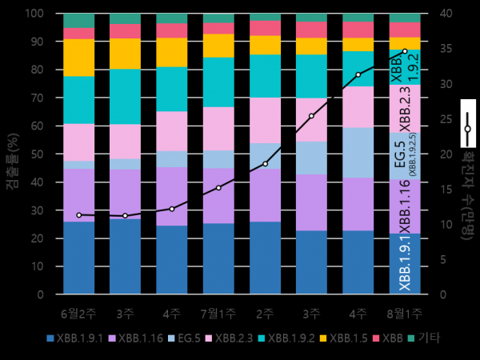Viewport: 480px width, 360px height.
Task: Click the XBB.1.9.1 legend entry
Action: pyautogui.click(x=75, y=338)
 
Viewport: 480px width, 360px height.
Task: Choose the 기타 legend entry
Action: pyautogui.click(x=429, y=338)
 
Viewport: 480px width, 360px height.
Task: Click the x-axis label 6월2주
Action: pyautogui.click(x=78, y=312)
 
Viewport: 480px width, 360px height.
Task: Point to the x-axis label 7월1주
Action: pyautogui.click(x=218, y=312)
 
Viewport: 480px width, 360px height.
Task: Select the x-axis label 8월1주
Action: pyautogui.click(x=404, y=312)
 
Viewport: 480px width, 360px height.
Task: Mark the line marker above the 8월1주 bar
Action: pyautogui.click(x=405, y=51)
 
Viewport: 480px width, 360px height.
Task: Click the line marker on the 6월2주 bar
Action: pyautogui.click(x=78, y=215)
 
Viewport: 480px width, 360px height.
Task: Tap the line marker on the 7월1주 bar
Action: pyautogui.click(x=218, y=188)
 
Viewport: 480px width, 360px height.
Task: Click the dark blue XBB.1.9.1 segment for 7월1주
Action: pyautogui.click(x=218, y=258)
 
